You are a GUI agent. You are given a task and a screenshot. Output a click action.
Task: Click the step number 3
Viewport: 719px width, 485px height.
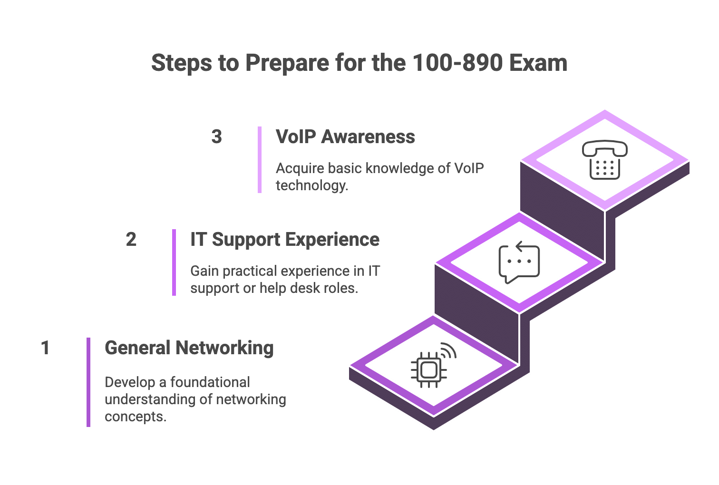coord(216,137)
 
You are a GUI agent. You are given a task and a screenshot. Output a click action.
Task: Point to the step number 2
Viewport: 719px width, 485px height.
coord(131,239)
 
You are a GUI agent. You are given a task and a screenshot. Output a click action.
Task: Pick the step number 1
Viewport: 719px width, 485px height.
coord(45,348)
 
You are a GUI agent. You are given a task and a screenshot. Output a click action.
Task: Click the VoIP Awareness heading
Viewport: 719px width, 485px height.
coord(345,137)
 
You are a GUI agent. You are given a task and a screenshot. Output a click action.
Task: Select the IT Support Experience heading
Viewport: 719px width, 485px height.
coord(284,239)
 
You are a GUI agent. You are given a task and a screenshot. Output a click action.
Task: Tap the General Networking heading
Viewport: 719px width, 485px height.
coord(189,348)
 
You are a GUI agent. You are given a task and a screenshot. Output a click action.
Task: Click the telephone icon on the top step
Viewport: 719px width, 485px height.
coord(604,160)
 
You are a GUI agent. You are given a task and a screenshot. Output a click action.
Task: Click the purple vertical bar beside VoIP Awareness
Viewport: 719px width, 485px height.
coord(260,159)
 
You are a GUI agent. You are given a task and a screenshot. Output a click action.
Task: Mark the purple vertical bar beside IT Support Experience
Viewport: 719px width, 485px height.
coord(174,262)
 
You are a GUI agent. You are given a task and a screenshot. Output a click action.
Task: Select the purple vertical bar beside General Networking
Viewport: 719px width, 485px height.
coord(88,382)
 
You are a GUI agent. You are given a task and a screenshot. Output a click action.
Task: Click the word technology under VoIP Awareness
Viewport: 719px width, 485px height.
coord(311,185)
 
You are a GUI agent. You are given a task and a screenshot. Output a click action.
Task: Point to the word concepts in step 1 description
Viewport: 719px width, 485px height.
coord(135,417)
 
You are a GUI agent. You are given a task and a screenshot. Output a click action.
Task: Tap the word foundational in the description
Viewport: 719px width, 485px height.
coord(210,382)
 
